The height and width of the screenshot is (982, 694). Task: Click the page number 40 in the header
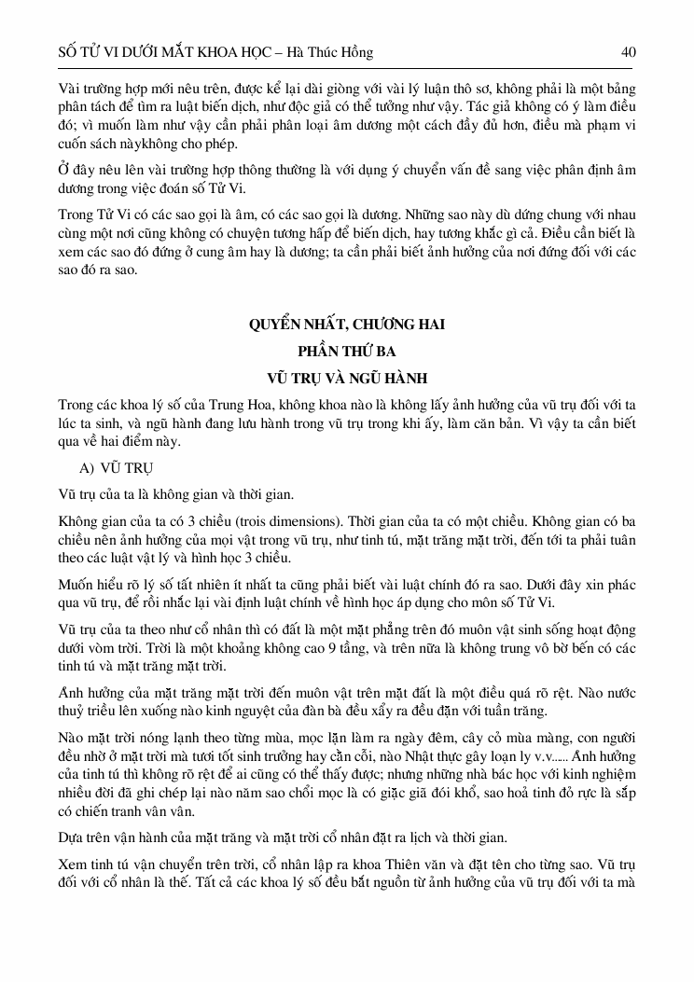(628, 52)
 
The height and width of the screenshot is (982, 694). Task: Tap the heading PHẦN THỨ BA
(347, 352)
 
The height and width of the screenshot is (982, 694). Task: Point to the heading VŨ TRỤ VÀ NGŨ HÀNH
(347, 379)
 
